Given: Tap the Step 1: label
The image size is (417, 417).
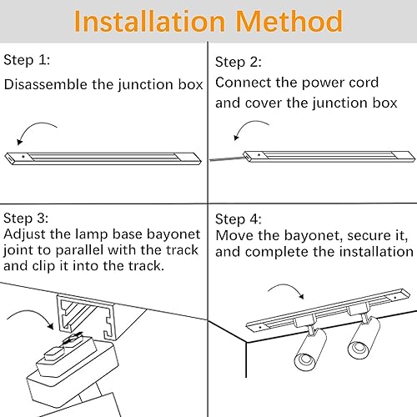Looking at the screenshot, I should pyautogui.click(x=27, y=60).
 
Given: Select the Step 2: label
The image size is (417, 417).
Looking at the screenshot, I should pyautogui.click(x=239, y=62).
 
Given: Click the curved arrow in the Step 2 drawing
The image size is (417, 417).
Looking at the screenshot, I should pyautogui.click(x=249, y=130).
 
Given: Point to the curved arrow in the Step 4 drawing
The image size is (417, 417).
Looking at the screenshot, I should pyautogui.click(x=285, y=292).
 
